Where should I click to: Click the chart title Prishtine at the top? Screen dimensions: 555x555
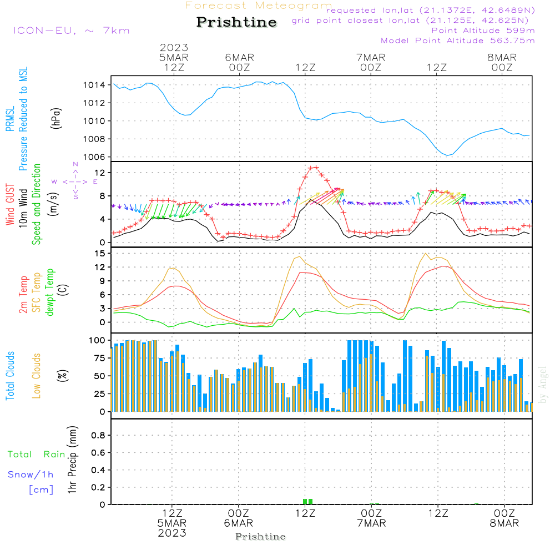[x=236, y=22]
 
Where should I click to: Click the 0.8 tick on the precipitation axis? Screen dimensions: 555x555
[x=98, y=436]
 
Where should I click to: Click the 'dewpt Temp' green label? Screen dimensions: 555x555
[x=51, y=292]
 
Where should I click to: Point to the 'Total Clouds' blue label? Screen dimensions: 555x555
[x=11, y=376]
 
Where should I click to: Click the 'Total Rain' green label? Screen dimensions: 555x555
[x=37, y=455]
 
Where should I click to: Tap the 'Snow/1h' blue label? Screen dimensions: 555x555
[x=31, y=475]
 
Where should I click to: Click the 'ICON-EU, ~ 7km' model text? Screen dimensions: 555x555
[x=71, y=31]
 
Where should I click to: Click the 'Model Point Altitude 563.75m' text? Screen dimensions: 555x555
[x=458, y=41]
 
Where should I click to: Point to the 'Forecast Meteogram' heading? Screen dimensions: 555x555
[x=259, y=6]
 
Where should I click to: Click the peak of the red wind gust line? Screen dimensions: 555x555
[x=314, y=167]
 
